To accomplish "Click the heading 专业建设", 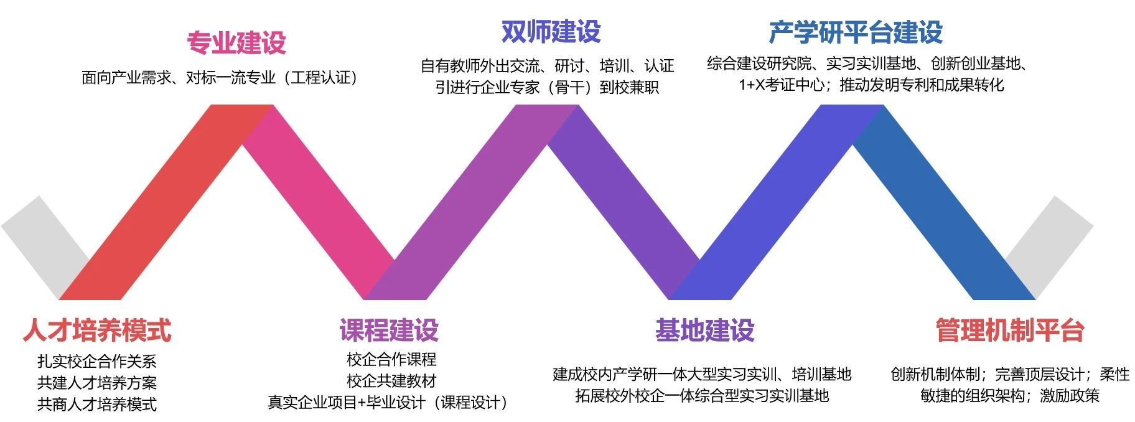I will click(x=236, y=42).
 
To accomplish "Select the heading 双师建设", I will click(x=551, y=31).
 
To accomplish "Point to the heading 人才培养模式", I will click(x=97, y=330).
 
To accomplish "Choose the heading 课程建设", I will click(x=389, y=330).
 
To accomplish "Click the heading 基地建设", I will click(x=704, y=330).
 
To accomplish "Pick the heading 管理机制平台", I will click(x=1009, y=330).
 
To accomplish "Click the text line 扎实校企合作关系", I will click(x=97, y=362).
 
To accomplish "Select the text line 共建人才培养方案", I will click(x=97, y=383).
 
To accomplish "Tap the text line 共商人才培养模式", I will click(x=97, y=404).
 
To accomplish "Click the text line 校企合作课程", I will click(x=391, y=359).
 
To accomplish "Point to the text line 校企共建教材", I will click(x=391, y=381).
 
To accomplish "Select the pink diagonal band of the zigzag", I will click(x=317, y=199).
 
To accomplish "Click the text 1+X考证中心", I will click(x=782, y=85).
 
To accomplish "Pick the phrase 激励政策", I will click(x=1070, y=395).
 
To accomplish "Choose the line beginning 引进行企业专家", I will click(x=547, y=87).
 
